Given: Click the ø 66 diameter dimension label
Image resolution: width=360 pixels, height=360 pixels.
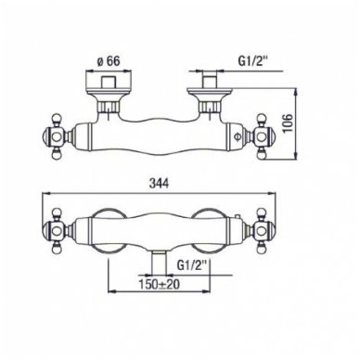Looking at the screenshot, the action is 108,61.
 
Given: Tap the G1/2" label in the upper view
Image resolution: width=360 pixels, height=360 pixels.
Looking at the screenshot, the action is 252,60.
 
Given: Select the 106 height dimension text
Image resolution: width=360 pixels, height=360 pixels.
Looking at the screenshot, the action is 288,122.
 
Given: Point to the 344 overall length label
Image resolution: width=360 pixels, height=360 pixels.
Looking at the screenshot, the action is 159,184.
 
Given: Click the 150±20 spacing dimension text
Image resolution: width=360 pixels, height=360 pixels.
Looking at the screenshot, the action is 159,285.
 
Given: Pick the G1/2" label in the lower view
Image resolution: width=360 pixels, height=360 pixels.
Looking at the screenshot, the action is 193,265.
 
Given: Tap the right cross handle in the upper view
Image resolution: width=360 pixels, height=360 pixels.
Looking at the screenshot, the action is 261,136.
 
